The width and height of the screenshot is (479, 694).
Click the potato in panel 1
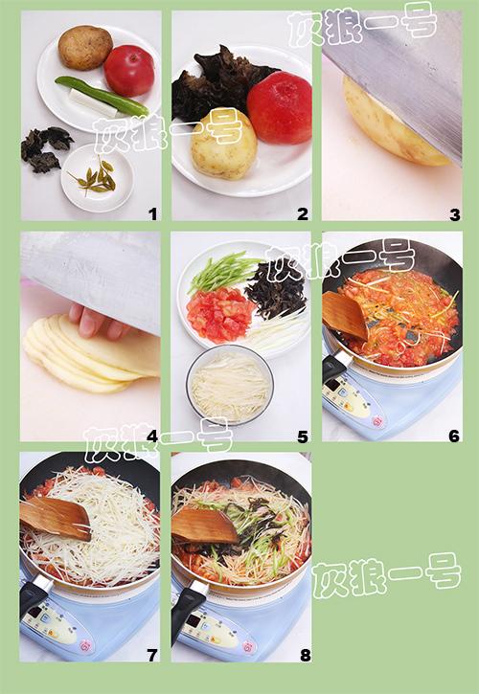click(x=85, y=47)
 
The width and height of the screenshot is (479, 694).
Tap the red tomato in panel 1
click(x=129, y=71)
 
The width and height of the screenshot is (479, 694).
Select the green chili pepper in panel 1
click(x=103, y=95)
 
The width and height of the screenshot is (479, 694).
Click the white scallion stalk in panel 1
click(x=93, y=103)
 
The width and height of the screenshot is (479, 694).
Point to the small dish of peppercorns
click(x=97, y=178)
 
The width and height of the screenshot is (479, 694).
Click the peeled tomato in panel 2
click(x=279, y=107)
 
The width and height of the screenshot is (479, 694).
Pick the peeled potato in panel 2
click(x=224, y=146)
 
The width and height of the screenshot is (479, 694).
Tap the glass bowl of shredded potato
click(x=230, y=385)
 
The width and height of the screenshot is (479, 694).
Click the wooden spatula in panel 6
click(x=345, y=315)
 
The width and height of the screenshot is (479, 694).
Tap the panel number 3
click(x=455, y=215)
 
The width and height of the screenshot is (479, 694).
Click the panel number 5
click(x=303, y=437)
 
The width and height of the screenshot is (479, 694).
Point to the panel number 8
click(x=306, y=656)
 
